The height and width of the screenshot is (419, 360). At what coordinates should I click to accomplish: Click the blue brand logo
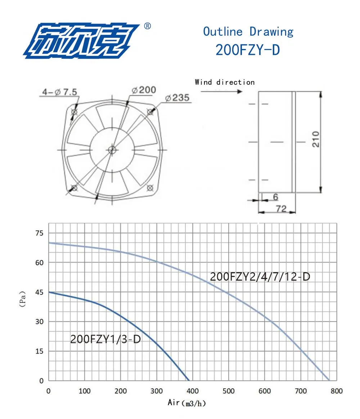pyautogui.click(x=81, y=41)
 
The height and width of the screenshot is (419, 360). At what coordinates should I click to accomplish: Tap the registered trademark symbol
pyautogui.click(x=147, y=26)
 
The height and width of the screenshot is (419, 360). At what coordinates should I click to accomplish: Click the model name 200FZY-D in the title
pyautogui.click(x=248, y=50)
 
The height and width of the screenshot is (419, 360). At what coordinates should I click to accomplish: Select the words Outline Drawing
pyautogui.click(x=248, y=31)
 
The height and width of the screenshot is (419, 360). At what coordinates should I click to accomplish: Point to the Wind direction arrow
pyautogui.click(x=221, y=92)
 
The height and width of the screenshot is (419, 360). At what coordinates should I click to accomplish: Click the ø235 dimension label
pyautogui.click(x=177, y=98)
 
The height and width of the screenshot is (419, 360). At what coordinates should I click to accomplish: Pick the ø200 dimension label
pyautogui.click(x=144, y=90)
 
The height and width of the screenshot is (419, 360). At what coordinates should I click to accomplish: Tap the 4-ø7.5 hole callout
pyautogui.click(x=59, y=92)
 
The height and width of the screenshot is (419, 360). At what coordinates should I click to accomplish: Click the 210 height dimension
pyautogui.click(x=316, y=139)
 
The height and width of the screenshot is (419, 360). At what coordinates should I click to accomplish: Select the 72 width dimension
pyautogui.click(x=281, y=208)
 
